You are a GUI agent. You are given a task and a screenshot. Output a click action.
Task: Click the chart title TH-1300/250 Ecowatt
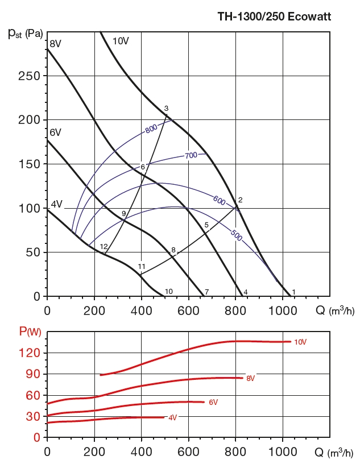tap(274, 16)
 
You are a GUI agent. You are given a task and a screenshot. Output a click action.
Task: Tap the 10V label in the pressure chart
tap(120, 40)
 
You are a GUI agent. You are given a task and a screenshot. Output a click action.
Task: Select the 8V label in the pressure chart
tap(56, 44)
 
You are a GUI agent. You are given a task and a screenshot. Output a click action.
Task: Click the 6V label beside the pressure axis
tap(55, 132)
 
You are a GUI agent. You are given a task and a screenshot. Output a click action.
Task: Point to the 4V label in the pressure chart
tap(56, 204)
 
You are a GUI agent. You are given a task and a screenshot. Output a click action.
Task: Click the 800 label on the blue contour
tap(151, 129)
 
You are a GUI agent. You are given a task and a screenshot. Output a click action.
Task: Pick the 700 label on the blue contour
tap(191, 155)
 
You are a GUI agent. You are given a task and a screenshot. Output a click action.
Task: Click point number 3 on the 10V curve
tap(166, 109)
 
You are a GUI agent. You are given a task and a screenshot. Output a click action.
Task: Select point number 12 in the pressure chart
tap(104, 246)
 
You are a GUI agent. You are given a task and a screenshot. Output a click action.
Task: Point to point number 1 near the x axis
tap(293, 292)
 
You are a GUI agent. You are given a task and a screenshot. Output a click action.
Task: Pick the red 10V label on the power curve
tap(300, 342)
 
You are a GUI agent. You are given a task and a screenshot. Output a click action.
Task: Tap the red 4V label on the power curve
tap(172, 417)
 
